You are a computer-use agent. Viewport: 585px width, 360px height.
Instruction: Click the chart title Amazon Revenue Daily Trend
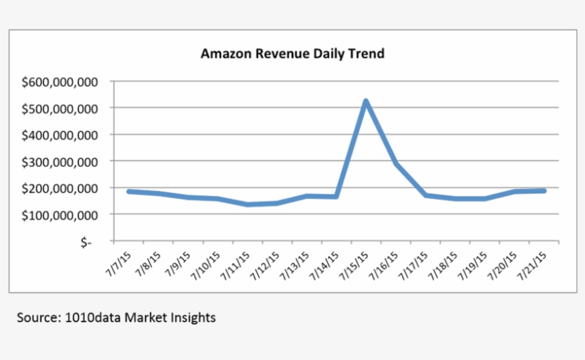(292, 53)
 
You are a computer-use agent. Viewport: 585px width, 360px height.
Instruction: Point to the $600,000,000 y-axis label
(60, 82)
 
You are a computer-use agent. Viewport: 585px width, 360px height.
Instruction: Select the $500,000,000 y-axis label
(60, 108)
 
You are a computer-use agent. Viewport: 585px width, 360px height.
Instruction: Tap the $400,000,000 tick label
(60, 135)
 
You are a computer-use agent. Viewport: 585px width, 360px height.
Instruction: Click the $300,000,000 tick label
(60, 161)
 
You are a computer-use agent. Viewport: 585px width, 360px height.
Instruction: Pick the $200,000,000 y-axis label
(60, 187)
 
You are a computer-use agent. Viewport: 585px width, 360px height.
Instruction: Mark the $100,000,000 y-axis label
(60, 214)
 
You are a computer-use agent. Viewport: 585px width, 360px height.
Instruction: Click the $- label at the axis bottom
(86, 242)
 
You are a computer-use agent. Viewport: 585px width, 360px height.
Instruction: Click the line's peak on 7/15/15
(366, 101)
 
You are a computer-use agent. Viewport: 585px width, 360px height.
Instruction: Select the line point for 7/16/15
(396, 164)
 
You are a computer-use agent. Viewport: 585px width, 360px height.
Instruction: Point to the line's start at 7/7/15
(128, 191)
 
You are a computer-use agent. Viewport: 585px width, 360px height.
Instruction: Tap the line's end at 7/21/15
(545, 191)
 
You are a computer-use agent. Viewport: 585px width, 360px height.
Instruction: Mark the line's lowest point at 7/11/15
(247, 205)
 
